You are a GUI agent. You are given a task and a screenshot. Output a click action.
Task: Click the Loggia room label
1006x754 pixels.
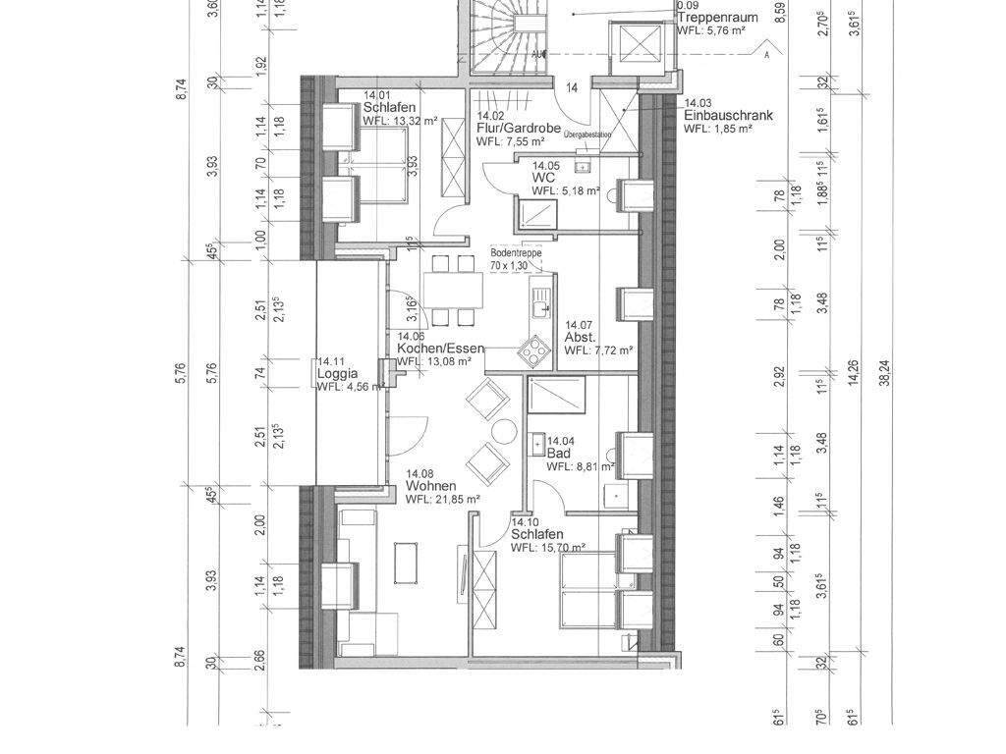[x=337, y=374]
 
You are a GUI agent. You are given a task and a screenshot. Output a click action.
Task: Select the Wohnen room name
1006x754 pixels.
[x=429, y=486]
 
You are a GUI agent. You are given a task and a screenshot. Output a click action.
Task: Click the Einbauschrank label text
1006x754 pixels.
[x=728, y=115]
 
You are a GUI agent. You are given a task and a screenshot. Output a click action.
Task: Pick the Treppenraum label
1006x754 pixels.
[x=717, y=17]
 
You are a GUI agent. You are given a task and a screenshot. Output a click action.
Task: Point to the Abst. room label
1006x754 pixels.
[x=580, y=337]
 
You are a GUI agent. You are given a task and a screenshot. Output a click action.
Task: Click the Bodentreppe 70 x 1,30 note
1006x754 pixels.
[x=516, y=259]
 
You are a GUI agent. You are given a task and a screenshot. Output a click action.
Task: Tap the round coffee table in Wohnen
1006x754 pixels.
[x=504, y=430]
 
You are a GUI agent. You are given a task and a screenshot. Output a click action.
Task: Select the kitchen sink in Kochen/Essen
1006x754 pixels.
[x=539, y=299]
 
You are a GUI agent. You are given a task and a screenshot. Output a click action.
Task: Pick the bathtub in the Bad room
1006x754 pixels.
[x=557, y=397]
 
